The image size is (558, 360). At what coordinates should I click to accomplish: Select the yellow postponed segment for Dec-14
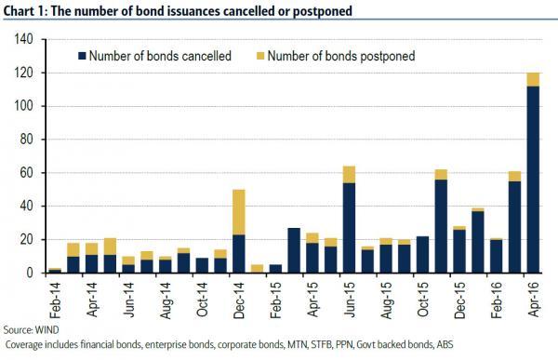[238, 211]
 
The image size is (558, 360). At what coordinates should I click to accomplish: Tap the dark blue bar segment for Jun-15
[350, 227]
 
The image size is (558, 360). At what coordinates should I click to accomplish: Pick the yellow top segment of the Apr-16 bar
[533, 79]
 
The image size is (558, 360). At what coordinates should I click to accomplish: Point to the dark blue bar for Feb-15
[274, 269]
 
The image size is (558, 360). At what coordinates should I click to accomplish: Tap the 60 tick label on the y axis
[25, 172]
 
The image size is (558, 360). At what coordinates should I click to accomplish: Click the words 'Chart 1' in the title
[25, 8]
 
